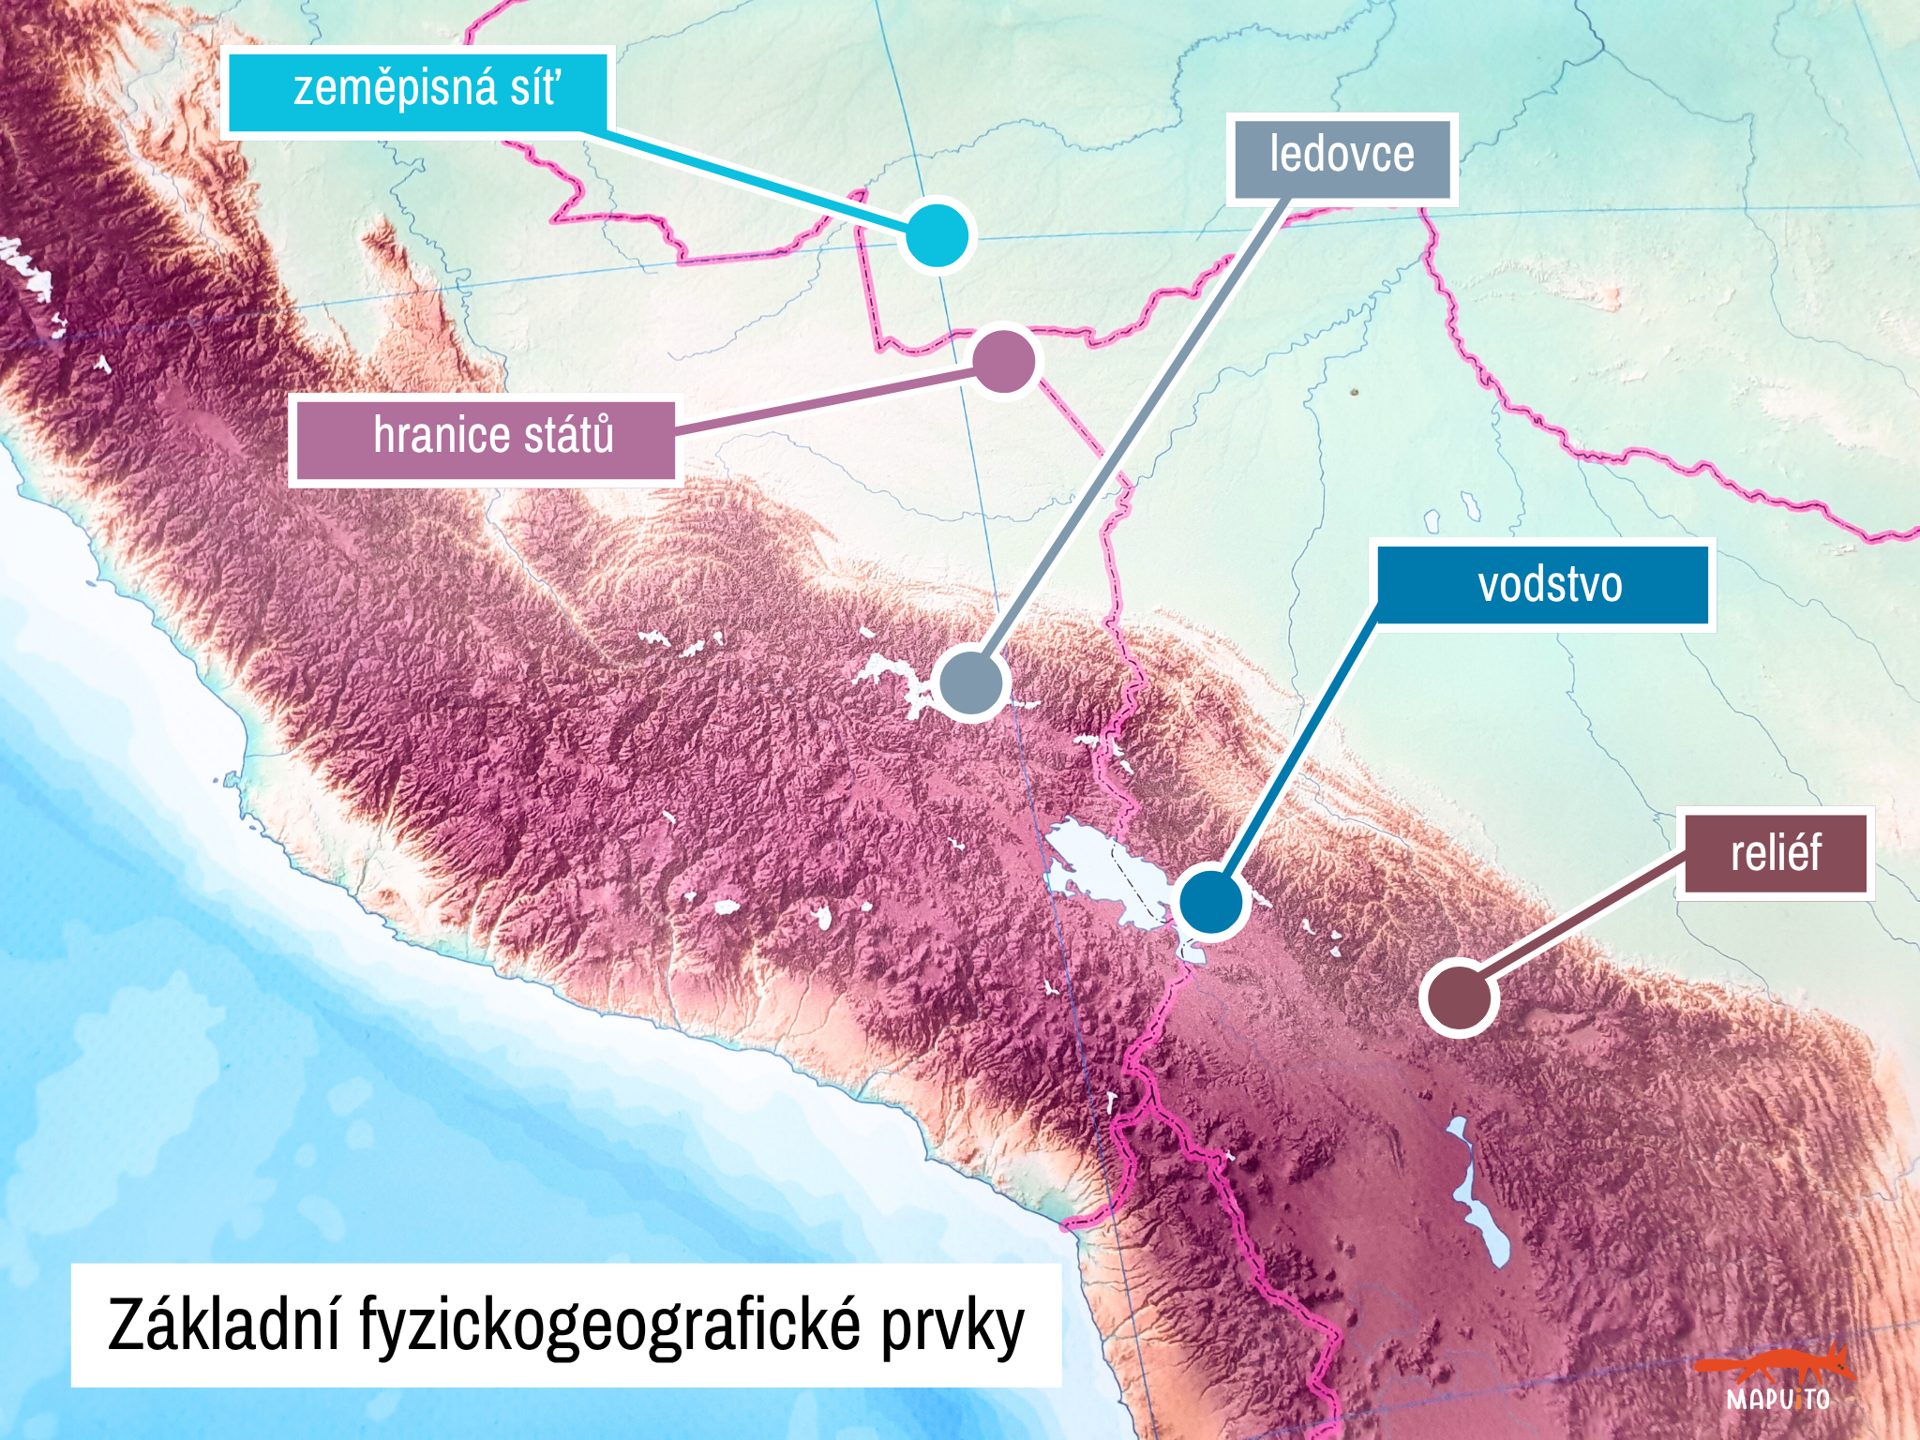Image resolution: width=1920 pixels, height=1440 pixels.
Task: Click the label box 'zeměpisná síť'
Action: point(418,92)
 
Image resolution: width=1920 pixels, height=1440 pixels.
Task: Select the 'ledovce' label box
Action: point(1342,157)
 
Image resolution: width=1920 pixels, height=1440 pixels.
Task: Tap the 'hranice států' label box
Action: point(484,438)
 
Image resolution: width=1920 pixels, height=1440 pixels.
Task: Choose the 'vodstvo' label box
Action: point(1543,585)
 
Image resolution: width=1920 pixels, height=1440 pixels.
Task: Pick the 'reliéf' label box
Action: point(1775,853)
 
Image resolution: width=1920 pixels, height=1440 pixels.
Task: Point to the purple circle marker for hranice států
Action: point(1004,361)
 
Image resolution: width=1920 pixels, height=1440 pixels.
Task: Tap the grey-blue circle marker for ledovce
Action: point(973,682)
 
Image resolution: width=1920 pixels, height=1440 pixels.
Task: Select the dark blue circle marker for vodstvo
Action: point(1210,901)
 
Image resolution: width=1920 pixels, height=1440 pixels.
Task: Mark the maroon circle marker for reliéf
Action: point(1458,997)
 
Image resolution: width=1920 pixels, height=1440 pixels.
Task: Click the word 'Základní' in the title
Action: point(222,1326)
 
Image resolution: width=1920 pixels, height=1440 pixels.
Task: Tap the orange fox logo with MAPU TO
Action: point(1776,1379)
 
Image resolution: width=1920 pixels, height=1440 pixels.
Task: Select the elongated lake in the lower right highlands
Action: point(1481,1195)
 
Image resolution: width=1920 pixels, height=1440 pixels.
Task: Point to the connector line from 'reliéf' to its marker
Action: point(1575,923)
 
